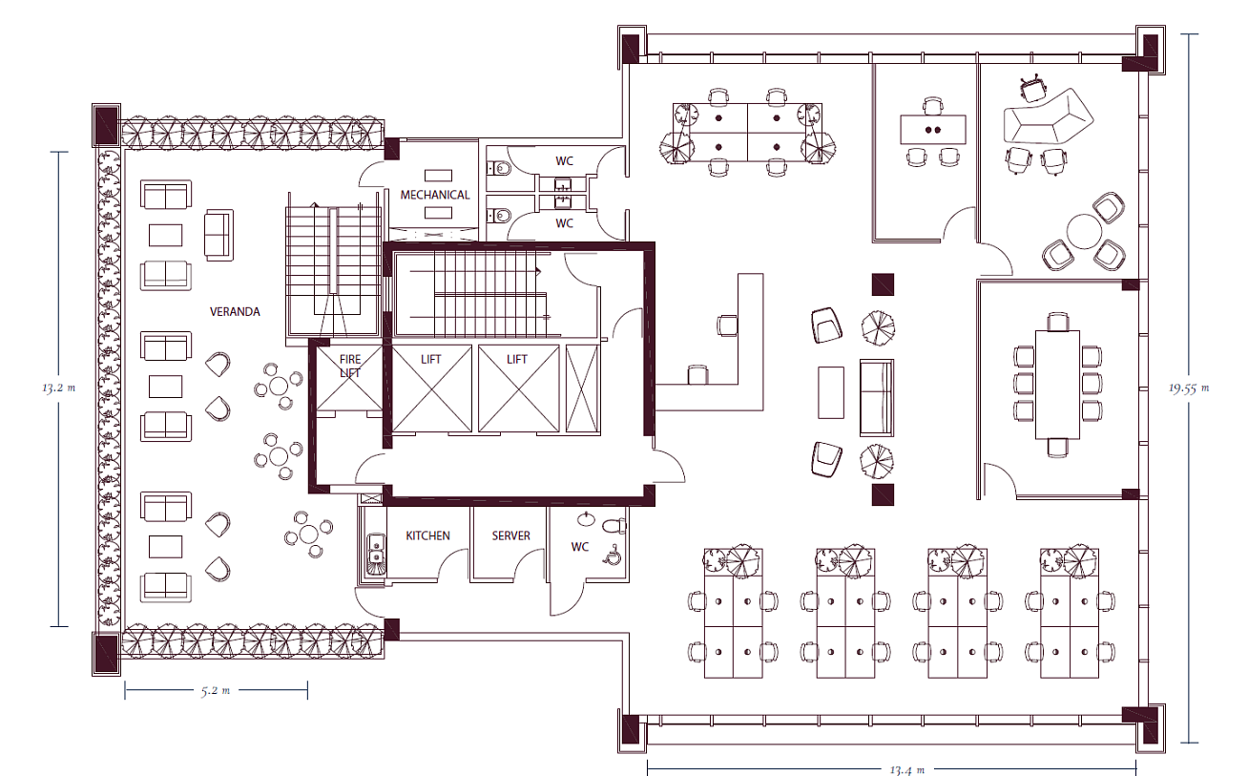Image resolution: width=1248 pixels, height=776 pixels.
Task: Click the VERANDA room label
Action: click(235, 311)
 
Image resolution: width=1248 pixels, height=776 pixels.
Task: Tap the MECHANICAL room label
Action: click(434, 195)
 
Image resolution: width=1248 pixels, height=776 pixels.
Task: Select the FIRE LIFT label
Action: click(350, 366)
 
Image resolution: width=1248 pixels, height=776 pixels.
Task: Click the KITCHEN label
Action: click(427, 535)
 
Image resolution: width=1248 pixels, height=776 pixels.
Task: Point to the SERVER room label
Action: click(510, 535)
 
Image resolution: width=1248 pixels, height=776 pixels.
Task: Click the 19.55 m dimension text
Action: click(1189, 388)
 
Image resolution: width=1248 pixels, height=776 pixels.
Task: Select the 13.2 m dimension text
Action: click(58, 388)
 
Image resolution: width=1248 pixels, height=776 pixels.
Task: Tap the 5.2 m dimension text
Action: click(216, 691)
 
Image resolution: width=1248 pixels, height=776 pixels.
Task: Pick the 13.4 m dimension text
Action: click(907, 770)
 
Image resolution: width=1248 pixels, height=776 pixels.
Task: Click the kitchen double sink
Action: click(376, 548)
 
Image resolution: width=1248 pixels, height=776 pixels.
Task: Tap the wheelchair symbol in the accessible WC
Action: click(613, 556)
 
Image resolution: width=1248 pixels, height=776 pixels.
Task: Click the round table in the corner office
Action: click(1084, 231)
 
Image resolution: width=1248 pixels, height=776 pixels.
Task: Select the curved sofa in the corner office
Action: click(1048, 116)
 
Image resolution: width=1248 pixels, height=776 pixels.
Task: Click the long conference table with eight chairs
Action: click(1057, 386)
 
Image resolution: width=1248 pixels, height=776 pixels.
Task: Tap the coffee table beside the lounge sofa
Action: click(831, 392)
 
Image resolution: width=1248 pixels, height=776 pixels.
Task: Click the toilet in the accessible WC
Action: click(614, 525)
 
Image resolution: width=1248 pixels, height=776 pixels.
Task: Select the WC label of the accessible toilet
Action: click(579, 547)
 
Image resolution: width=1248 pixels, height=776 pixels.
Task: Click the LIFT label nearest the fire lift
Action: click(430, 360)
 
